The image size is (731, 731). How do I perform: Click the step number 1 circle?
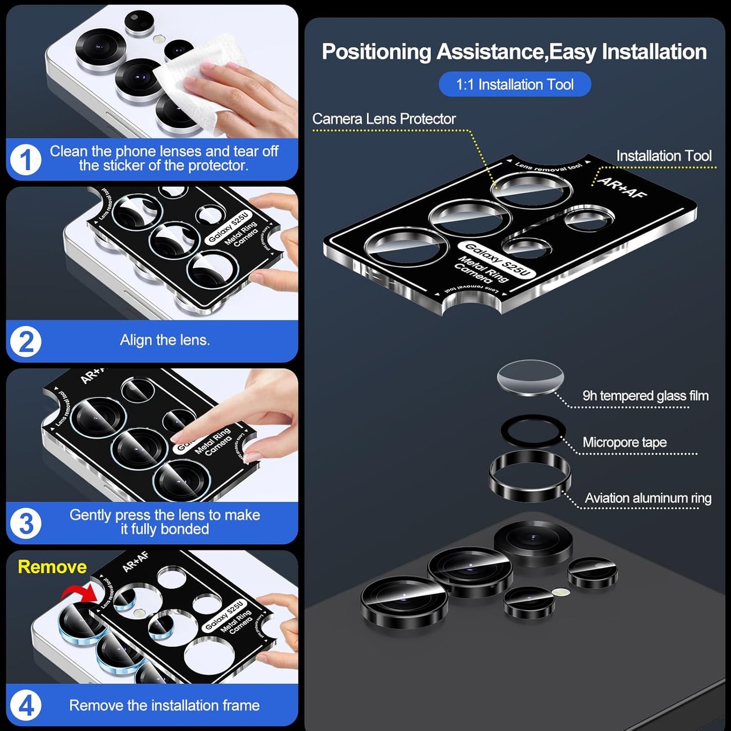(25, 159)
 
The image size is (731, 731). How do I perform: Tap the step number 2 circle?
(25, 341)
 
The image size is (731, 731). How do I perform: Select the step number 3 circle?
(25, 523)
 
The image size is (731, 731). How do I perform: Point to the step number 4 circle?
(25, 705)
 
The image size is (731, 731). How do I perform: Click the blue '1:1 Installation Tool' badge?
(514, 84)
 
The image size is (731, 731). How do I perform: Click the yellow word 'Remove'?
(52, 567)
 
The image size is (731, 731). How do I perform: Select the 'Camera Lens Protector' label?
(383, 119)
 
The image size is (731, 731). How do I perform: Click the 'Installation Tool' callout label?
(663, 156)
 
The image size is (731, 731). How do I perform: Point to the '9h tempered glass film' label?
(645, 396)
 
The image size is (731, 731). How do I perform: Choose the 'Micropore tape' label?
(624, 442)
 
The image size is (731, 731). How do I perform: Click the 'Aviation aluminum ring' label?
(648, 498)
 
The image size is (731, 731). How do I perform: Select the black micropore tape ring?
(533, 431)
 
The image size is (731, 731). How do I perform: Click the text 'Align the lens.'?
(164, 340)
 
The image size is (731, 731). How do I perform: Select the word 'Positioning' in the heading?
(376, 52)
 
